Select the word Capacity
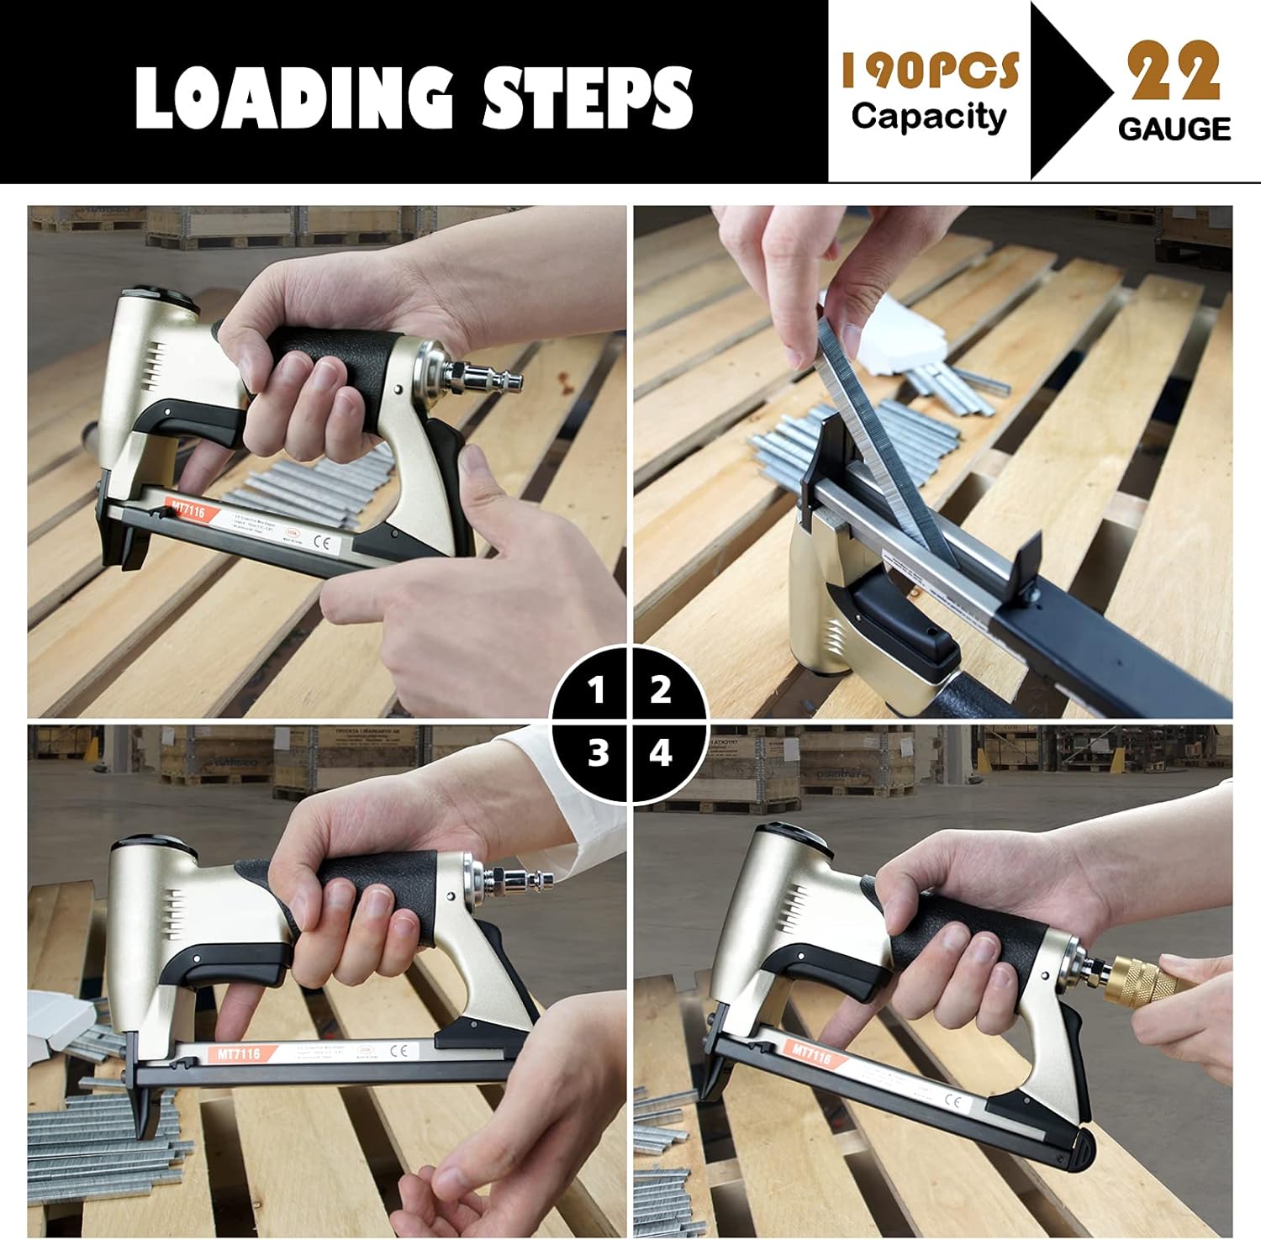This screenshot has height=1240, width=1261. (x=928, y=116)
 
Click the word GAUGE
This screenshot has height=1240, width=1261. (x=1174, y=129)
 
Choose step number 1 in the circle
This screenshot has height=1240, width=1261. (x=597, y=691)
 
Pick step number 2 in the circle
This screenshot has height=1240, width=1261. (x=661, y=690)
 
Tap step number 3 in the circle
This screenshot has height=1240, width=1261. (x=598, y=753)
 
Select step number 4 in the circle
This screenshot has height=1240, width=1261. (x=661, y=753)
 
